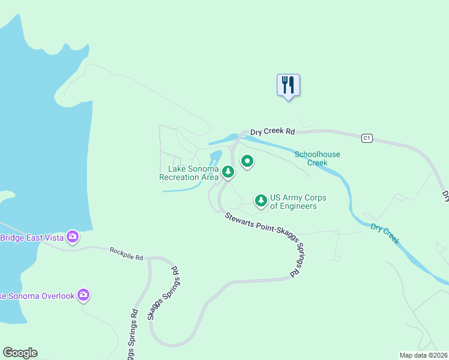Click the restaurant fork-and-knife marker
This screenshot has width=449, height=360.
tap(288, 85)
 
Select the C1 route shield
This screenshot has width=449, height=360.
tap(367, 139)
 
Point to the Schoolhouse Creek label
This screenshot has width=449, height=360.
tap(317, 158)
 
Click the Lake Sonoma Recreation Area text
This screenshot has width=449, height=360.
tap(188, 173)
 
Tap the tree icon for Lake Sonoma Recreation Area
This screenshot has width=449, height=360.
tap(228, 172)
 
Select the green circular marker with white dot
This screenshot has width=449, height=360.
tap(247, 161)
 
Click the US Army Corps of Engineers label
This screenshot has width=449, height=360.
tap(294, 202)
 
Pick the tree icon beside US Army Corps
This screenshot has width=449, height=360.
tap(261, 200)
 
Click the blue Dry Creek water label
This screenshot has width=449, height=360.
tap(385, 233)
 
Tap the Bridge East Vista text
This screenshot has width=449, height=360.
tap(32, 238)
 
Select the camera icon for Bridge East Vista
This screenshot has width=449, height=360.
tap(73, 237)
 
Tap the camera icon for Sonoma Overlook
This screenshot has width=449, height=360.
tap(83, 295)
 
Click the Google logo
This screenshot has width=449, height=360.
tap(20, 353)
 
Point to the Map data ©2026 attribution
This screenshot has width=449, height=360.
tap(423, 355)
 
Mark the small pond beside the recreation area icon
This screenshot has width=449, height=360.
tap(214, 159)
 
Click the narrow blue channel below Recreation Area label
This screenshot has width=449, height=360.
tap(180, 190)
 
